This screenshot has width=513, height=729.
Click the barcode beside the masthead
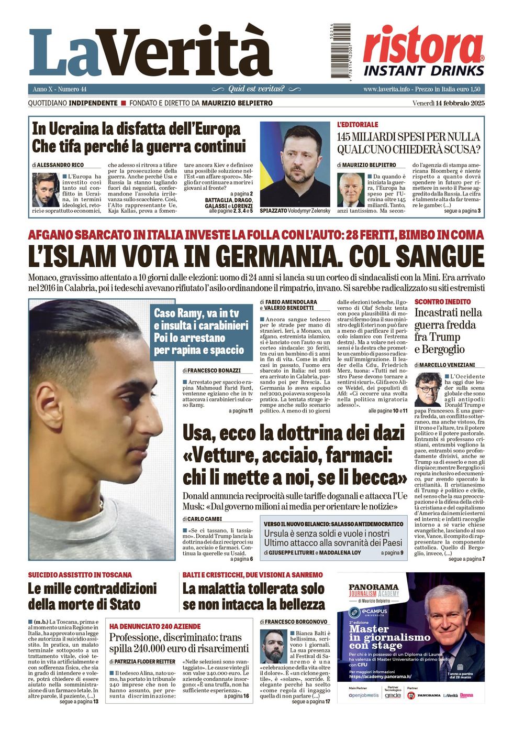click(340, 51)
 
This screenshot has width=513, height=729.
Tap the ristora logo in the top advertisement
click(423, 46)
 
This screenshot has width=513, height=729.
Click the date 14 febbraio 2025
click(460, 103)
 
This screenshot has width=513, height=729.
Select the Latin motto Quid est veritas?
click(256, 89)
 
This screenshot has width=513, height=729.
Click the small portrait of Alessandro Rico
click(46, 190)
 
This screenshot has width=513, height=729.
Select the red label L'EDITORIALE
click(358, 125)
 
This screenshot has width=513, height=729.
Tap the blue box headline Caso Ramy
click(201, 331)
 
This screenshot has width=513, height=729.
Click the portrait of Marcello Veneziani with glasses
click(428, 389)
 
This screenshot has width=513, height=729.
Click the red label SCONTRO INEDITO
click(442, 302)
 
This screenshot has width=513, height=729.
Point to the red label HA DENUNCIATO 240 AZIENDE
click(155, 626)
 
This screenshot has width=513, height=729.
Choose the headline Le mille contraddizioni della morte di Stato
click(92, 596)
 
